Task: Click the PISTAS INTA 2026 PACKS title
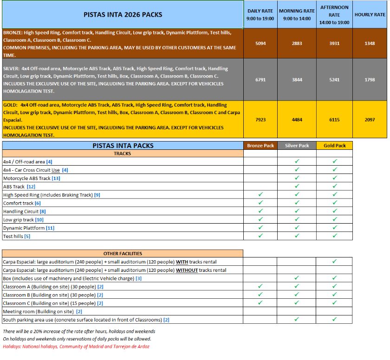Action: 123,14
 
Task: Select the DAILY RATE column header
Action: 260,14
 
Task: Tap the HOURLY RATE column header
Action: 370,14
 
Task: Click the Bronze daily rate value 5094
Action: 260,44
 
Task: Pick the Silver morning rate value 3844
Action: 297,80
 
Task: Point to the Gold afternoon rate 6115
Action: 334,120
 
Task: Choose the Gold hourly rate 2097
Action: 370,120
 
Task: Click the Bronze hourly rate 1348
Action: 370,44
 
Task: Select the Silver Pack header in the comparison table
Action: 297,146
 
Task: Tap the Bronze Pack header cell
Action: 260,146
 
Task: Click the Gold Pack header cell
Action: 334,146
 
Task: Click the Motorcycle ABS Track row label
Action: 32,178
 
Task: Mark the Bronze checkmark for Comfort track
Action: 260,203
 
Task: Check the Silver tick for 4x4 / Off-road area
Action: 297,161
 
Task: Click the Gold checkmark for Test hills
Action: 334,236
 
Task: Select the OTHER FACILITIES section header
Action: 123,254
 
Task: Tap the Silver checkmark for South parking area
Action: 297,320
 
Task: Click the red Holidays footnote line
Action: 76,346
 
